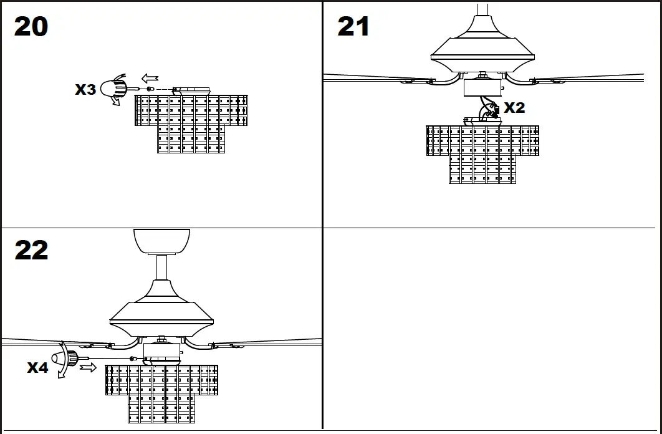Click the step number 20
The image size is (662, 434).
click(31, 27)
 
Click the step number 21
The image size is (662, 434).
click(353, 27)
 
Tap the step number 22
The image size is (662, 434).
click(31, 250)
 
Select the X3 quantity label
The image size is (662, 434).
click(85, 90)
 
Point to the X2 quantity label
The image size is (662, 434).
click(514, 108)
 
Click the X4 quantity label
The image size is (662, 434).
click(37, 368)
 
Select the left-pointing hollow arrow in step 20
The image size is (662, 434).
click(150, 78)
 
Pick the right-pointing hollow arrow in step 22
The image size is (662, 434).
click(89, 368)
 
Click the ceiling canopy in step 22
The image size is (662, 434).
click(161, 241)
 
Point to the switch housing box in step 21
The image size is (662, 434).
click(482, 88)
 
